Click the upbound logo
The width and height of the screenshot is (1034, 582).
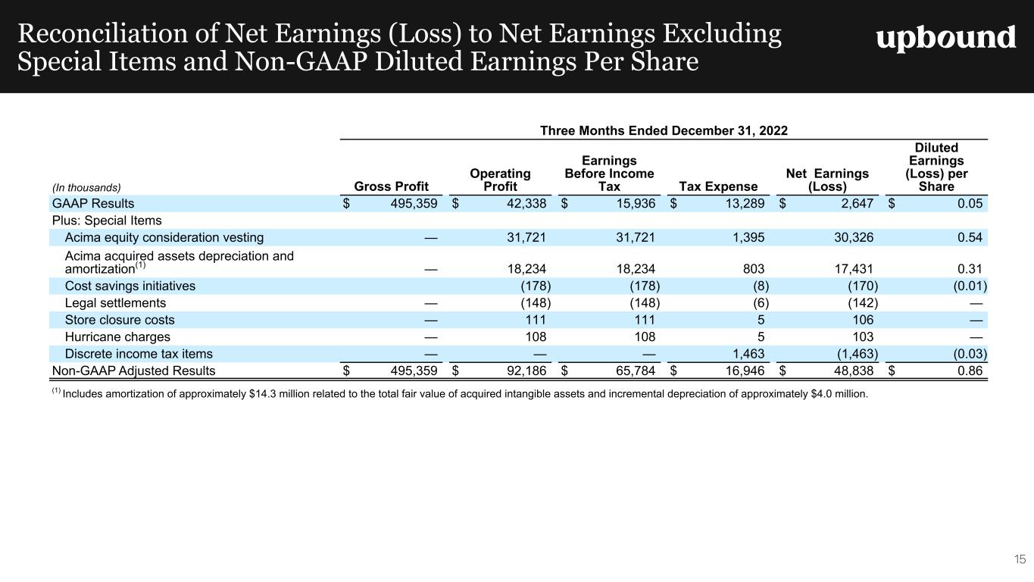click(945, 38)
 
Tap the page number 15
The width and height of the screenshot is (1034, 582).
click(1020, 559)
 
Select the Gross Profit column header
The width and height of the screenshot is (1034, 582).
click(391, 186)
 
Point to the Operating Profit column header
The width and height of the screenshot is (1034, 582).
click(500, 180)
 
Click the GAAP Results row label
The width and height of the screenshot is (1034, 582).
click(92, 203)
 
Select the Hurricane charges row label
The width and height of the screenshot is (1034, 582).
click(117, 336)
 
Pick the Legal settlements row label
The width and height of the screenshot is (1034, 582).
click(115, 303)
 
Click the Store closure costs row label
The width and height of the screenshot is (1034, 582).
click(120, 320)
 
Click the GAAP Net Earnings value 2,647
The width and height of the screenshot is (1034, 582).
click(856, 203)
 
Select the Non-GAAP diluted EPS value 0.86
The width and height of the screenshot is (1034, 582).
click(970, 371)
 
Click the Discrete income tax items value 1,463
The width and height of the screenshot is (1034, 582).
click(748, 354)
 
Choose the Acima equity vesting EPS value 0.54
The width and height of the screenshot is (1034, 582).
click(970, 237)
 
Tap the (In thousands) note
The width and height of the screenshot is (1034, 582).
click(86, 187)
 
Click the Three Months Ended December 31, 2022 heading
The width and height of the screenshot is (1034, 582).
click(664, 130)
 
